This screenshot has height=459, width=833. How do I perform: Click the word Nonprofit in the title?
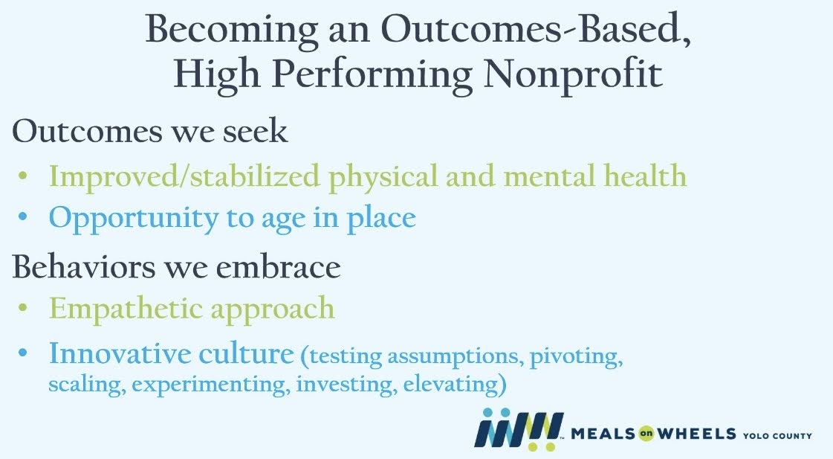573,75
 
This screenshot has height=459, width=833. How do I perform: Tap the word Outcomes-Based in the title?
536,29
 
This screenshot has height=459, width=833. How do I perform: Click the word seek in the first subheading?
255,132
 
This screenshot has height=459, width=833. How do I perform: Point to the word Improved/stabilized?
184,176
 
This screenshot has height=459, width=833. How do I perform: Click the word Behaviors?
84,266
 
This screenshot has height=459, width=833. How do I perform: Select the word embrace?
278,266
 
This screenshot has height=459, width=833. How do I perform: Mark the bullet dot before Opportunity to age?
22,217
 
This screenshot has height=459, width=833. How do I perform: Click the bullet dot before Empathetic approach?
22,307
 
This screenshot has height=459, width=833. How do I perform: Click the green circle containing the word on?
646,434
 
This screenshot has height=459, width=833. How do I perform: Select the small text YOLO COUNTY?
777,436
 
